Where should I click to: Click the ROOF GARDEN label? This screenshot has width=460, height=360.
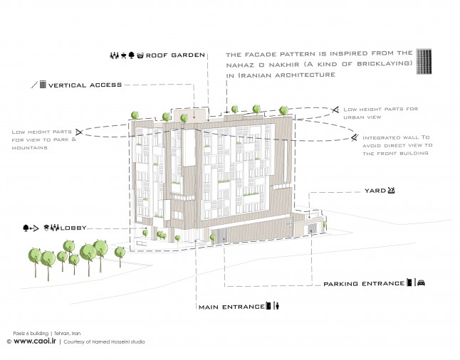175,55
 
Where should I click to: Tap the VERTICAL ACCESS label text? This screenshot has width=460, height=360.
85,85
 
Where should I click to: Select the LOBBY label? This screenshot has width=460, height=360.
73,228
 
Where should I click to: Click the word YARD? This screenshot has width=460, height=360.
375,191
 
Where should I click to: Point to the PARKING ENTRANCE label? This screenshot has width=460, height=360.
364,283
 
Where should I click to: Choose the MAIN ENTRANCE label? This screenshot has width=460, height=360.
231,307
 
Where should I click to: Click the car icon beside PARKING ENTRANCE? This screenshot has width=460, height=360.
421,282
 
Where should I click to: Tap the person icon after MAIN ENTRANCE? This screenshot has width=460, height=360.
277,306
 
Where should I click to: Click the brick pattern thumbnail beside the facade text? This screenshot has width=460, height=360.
424,62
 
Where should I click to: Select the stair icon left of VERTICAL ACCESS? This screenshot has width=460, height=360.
35,85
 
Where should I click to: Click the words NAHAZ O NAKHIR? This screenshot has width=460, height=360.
263,65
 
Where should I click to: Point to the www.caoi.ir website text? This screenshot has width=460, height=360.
35,341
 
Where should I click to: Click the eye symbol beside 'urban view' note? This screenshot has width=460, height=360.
335,110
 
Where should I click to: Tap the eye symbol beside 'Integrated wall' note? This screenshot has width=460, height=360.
355,137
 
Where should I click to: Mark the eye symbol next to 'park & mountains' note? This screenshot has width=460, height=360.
79,132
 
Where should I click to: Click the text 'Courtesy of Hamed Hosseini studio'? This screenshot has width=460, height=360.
104,342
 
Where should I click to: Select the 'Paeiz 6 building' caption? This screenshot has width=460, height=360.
31,334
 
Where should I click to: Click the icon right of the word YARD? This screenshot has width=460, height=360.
391,190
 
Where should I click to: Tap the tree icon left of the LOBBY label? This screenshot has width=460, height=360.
26,228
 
